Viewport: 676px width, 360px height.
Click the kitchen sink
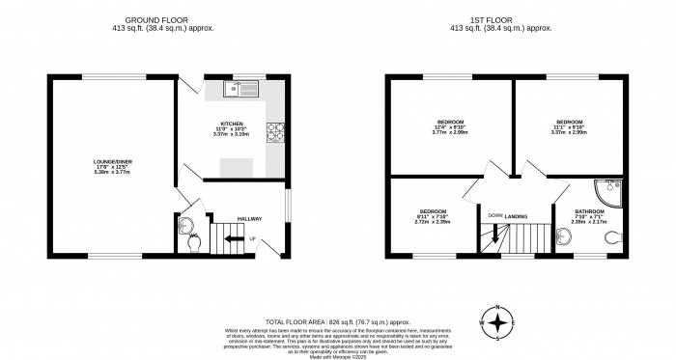click(237, 90)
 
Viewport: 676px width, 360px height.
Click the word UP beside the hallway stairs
click(253, 238)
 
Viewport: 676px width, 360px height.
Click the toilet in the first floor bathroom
click(611, 237)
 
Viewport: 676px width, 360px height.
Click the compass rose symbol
click(498, 322)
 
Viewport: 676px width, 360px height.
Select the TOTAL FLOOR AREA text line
click(337, 320)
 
